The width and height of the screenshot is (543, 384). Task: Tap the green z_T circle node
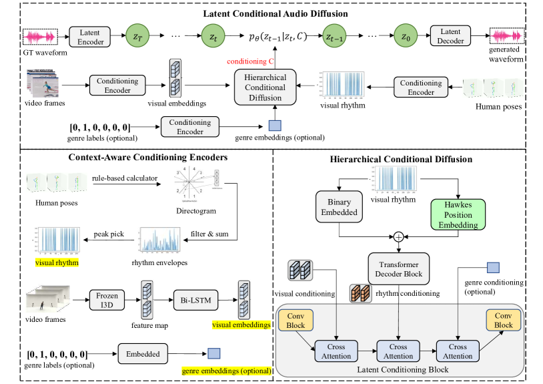point(137,36)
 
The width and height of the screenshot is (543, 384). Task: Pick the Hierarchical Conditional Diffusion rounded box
point(264,87)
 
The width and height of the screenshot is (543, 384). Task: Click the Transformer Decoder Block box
point(398,268)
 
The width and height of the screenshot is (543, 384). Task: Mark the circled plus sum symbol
point(398,236)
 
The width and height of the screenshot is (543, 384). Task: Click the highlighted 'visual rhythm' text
point(57,262)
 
